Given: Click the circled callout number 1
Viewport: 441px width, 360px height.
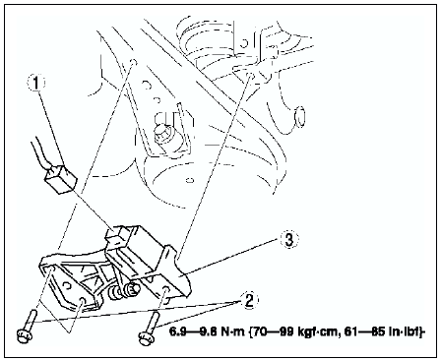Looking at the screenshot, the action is (35, 83).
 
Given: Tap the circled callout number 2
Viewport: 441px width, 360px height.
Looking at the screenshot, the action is (249, 300).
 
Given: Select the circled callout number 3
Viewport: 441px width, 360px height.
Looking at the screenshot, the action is (288, 240).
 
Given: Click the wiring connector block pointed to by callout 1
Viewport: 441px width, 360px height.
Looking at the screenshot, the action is (60, 179).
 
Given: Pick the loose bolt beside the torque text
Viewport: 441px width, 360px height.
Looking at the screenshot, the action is (149, 329).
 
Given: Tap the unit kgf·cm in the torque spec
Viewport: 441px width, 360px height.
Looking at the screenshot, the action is (317, 332).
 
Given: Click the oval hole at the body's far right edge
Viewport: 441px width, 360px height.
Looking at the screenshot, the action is (299, 117).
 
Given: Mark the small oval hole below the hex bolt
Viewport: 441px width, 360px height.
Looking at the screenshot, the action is (189, 180).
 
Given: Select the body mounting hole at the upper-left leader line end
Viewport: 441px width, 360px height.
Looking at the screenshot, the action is (133, 62).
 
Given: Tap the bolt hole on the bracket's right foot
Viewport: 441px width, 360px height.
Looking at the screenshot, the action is (166, 290).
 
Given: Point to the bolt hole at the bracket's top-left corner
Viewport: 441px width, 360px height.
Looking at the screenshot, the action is (51, 270).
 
